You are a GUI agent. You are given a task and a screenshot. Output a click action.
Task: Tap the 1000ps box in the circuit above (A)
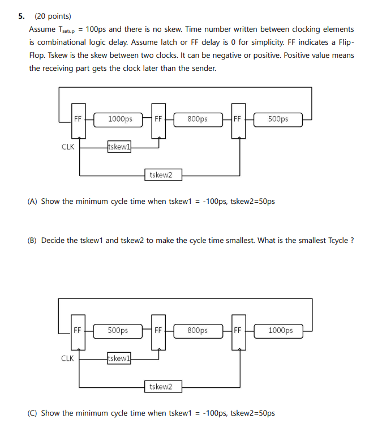pos(120,119)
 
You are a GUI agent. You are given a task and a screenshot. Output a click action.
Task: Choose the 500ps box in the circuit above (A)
pos(278,119)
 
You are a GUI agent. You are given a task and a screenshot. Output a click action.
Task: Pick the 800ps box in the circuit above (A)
pos(197,119)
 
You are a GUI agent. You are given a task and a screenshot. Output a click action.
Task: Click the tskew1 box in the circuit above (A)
pos(119,147)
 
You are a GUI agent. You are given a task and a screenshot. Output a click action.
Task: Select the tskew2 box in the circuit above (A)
pos(161,175)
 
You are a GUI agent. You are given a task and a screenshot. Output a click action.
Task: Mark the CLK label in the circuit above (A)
pos(68,147)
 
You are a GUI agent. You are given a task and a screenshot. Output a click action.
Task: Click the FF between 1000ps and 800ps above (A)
pos(158,119)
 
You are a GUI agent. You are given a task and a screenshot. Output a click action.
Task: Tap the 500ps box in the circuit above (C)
pos(118,330)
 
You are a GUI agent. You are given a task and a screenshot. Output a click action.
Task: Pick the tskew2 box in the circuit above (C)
pos(161,386)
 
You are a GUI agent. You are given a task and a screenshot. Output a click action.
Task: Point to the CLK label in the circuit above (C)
pos(67,358)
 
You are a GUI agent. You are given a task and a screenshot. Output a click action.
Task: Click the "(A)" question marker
pos(33,201)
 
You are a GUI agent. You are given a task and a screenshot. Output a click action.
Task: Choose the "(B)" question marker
pos(33,240)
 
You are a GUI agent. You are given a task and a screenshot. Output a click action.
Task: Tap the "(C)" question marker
pos(33,413)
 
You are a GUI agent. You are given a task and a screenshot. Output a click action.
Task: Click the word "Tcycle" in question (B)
pos(337,240)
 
